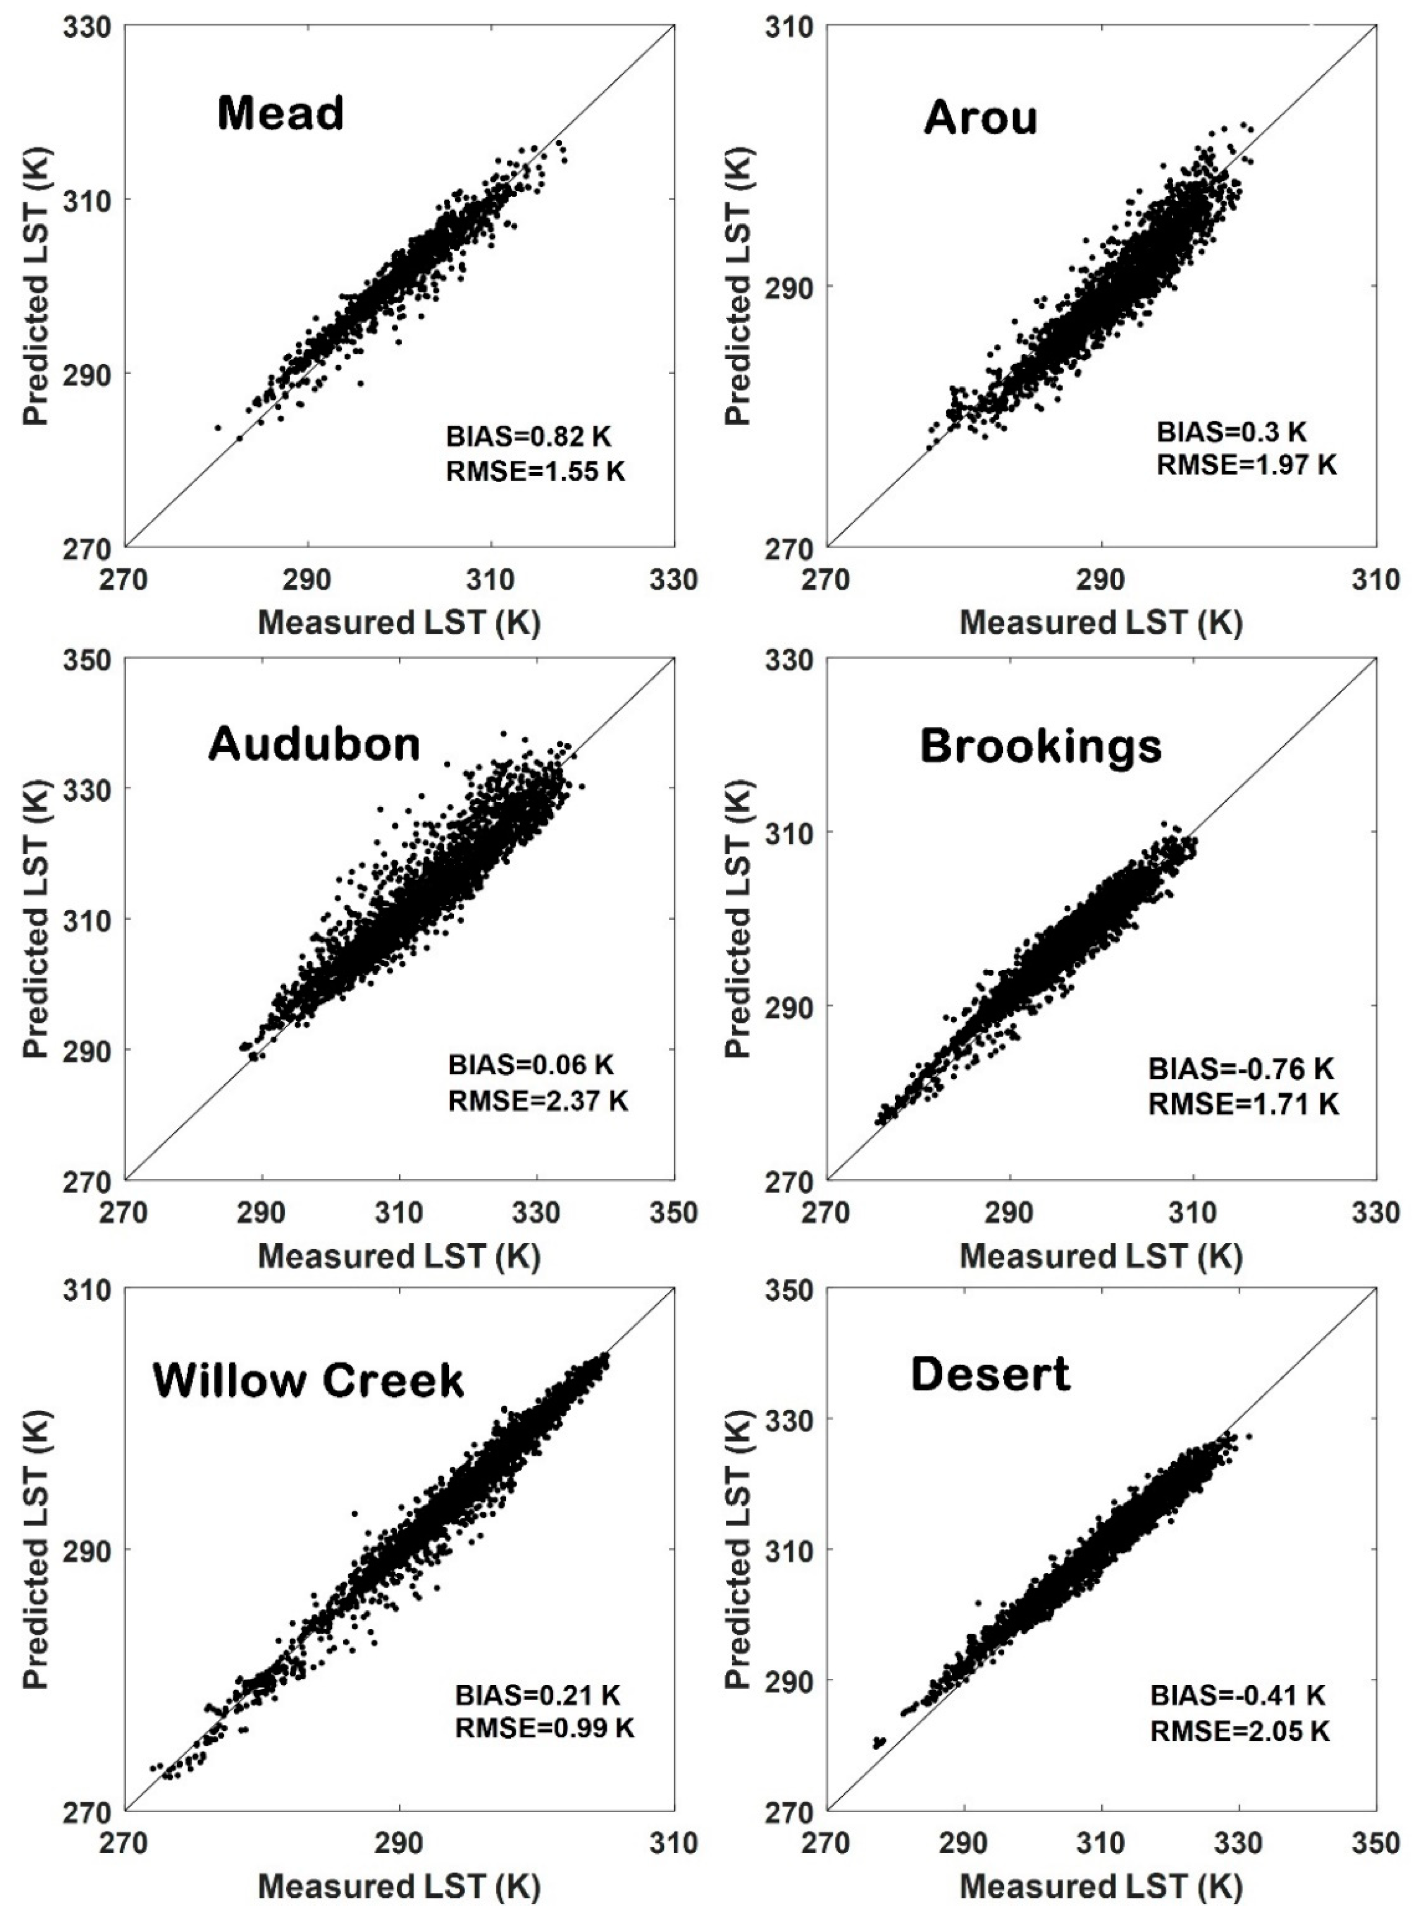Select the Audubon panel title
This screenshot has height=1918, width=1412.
(x=315, y=745)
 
